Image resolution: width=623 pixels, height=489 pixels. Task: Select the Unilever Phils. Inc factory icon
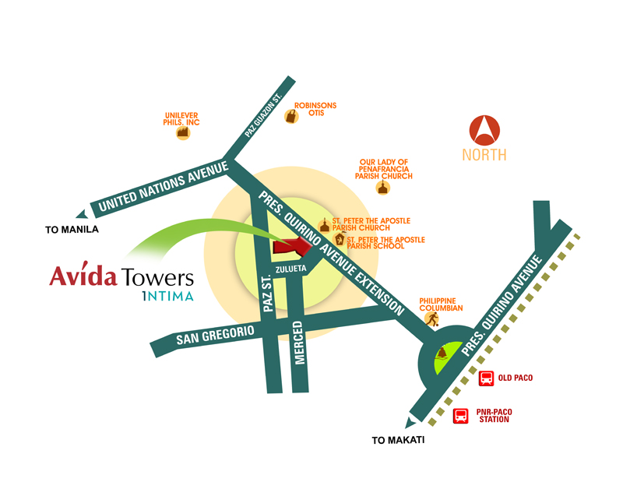pos(183,132)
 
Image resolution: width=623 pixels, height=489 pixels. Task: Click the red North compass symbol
pos(484,128)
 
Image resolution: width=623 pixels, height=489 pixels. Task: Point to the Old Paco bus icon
pos(486,379)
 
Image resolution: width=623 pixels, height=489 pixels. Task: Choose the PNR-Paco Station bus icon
pos(461,416)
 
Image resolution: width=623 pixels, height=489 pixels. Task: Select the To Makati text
pos(398,441)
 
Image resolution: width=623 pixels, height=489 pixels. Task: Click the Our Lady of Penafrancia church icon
pos(382,188)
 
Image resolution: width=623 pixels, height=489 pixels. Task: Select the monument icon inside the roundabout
pos(442,356)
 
